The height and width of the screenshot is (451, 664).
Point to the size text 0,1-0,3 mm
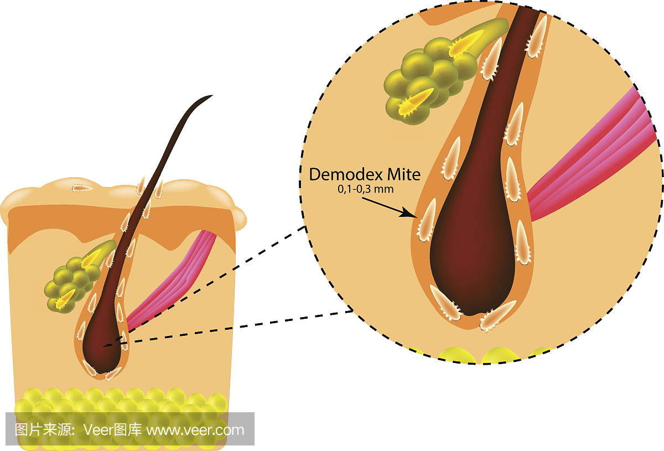(362, 189)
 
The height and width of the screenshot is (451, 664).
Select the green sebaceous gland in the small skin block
(69, 282)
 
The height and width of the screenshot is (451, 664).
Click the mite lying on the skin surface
(83, 188)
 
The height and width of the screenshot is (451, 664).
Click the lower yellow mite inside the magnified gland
(416, 102)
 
